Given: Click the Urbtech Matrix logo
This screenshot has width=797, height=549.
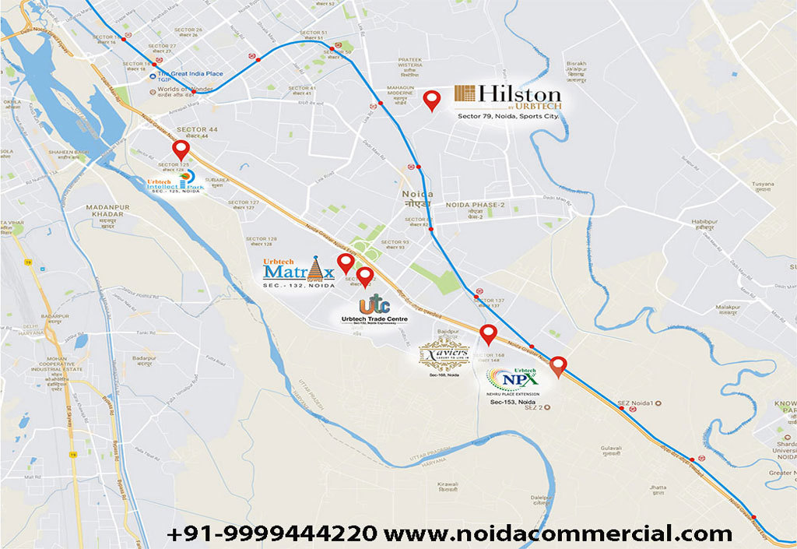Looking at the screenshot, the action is (300, 270).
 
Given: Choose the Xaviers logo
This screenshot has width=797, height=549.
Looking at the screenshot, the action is (444, 355).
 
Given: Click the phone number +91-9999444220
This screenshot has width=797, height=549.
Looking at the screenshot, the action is (272, 533).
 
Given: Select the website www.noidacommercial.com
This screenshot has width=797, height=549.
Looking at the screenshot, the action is (558, 533).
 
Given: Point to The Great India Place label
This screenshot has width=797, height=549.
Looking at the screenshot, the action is (191, 73).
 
